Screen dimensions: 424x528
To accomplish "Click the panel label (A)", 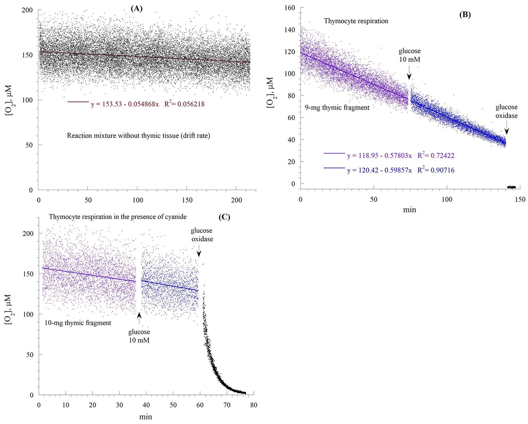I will pos(136,9).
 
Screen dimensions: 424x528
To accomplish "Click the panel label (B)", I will pos(465,15).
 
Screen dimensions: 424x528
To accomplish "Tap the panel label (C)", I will pos(224,217).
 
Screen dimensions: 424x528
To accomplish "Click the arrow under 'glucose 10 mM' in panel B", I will pos(409,73).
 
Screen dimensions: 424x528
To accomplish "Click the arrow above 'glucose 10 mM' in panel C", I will pos(139,318).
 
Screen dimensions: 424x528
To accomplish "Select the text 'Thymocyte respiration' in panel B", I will pos(356,21).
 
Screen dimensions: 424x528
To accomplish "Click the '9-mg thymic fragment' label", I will pos(337,108).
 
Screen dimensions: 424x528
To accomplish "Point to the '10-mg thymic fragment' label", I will pos(78,323).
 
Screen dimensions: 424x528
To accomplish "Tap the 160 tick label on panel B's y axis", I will pos(290,8).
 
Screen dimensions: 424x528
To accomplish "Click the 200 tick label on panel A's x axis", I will pos(236,200).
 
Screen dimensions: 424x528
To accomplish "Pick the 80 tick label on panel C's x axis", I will pos(254,405).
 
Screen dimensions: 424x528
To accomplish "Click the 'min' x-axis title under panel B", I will pos(409,210).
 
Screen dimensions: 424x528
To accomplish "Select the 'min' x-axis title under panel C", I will pos(146,417).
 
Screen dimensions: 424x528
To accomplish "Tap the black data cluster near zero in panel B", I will pos(511,187).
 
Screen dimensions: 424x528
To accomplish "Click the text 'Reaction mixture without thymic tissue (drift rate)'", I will pos(139,136).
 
